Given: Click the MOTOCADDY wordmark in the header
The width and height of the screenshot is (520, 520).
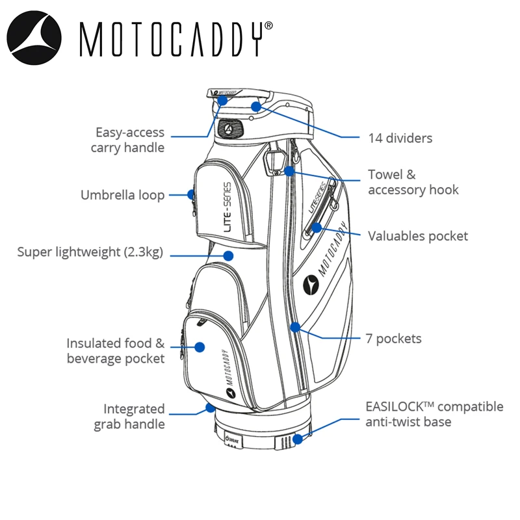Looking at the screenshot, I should tap(176, 38).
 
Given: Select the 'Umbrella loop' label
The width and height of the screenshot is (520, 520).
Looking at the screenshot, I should tap(122, 195).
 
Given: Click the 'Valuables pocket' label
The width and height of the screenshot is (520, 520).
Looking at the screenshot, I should tap(418, 235).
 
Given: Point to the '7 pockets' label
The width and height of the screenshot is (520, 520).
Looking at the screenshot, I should tap(394, 338).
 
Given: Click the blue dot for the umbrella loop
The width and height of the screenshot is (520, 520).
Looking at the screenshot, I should tap(192, 194).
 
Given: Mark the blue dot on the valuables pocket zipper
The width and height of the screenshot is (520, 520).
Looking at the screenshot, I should tap(316, 227).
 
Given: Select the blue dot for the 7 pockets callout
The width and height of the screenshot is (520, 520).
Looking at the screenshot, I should tap(296, 326).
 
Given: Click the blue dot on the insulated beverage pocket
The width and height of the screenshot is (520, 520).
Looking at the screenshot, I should tap(200, 348).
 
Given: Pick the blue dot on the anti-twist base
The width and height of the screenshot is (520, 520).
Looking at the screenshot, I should tap(298, 439).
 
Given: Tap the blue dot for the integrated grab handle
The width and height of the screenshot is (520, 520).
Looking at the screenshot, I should tap(210, 408).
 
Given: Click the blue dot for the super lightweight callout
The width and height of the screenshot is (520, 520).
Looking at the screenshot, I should tap(228, 255).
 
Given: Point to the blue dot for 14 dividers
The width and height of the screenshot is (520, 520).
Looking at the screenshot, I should tap(256, 105).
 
